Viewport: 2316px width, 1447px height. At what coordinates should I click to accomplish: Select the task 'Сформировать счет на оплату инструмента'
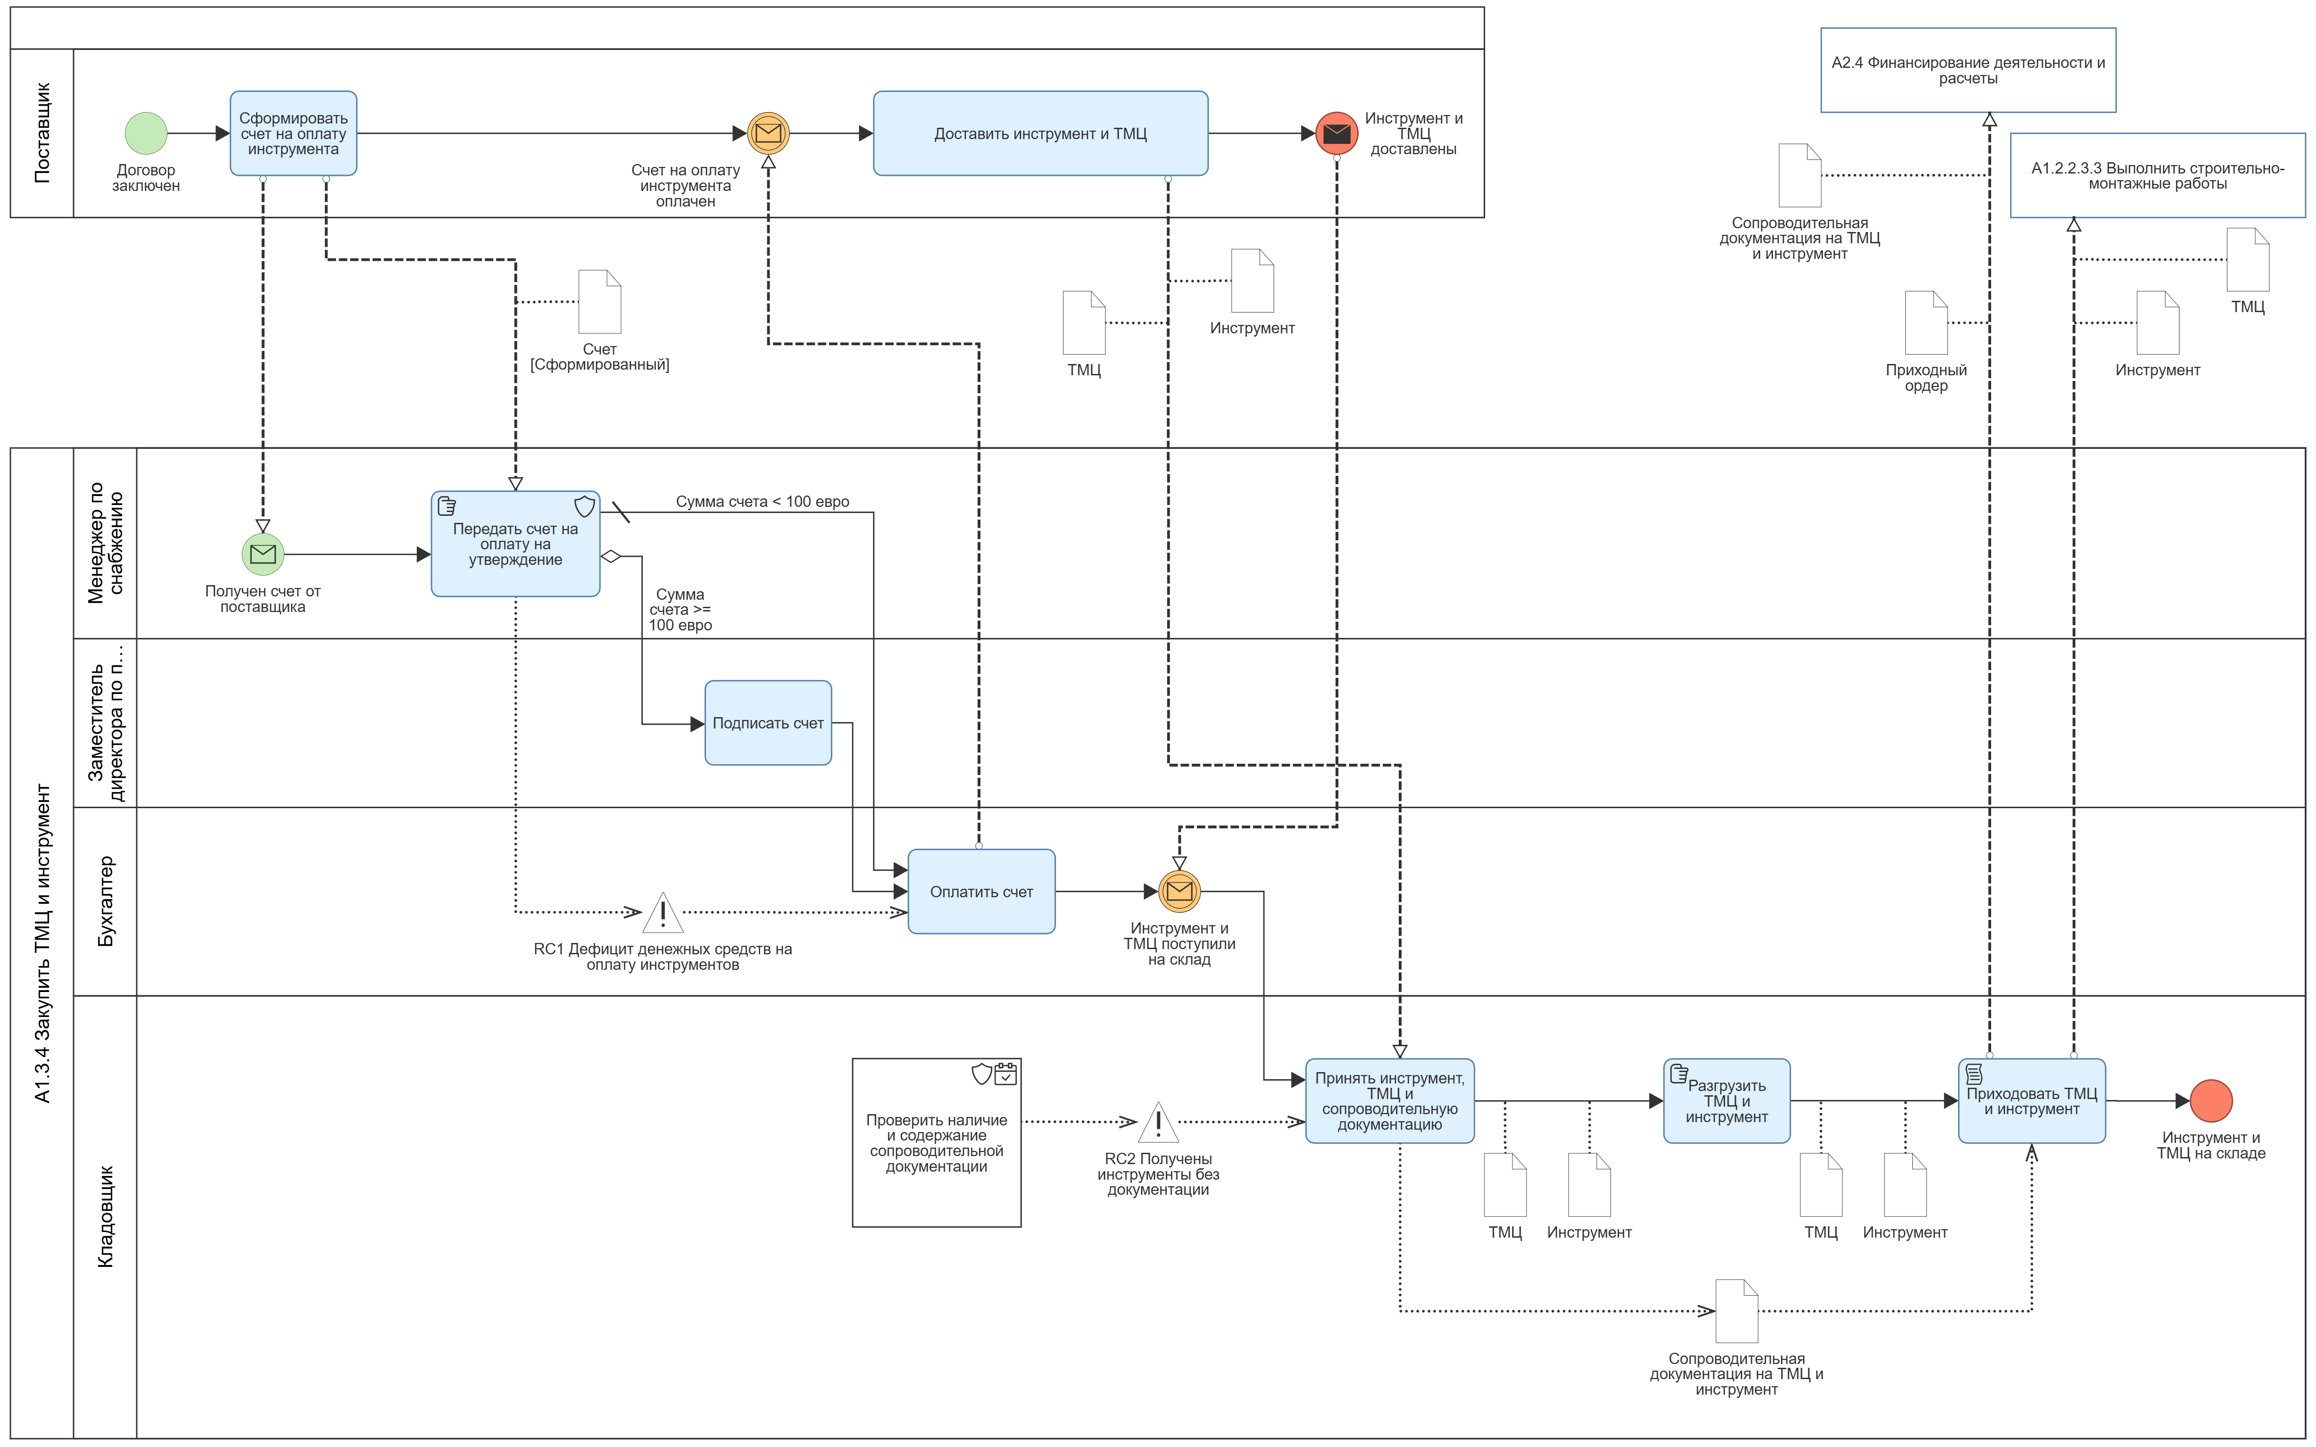pos(293,133)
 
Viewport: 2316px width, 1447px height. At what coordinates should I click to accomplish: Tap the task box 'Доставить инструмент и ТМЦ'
pos(1040,133)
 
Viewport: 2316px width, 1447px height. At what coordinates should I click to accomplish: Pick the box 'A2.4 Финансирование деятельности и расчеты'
pos(1967,70)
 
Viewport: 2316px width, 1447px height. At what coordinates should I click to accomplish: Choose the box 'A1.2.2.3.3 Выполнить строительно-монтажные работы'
pos(2157,175)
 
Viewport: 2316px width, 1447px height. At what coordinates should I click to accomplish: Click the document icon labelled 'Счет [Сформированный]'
pos(600,301)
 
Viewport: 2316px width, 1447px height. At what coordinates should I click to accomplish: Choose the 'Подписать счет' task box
pos(768,722)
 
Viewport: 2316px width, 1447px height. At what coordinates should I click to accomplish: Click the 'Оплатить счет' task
pos(981,891)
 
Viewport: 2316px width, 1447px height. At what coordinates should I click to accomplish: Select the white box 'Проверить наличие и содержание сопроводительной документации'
pos(936,1142)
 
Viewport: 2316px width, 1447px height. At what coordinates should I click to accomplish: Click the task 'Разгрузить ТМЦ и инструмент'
pos(1727,1100)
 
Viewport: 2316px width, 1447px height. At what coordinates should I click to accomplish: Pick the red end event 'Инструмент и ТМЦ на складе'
pos(2211,1100)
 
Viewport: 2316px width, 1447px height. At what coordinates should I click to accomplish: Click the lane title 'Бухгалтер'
pos(105,901)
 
